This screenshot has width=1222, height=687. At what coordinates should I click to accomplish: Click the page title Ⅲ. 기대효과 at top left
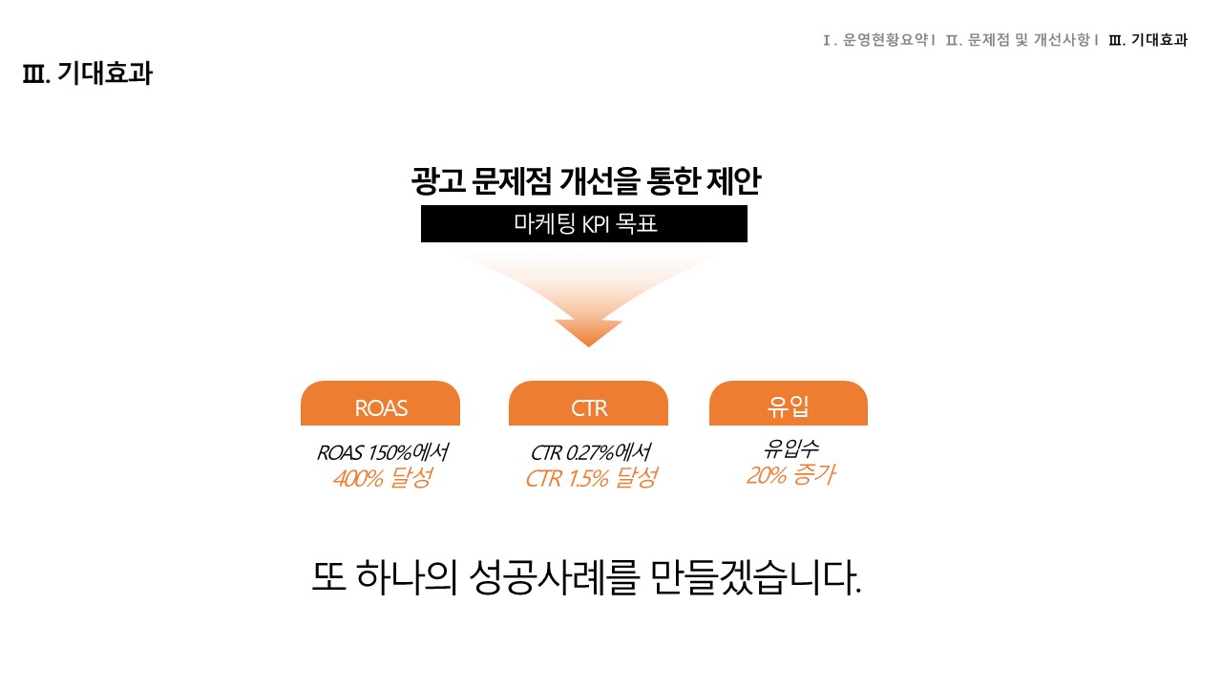tap(87, 73)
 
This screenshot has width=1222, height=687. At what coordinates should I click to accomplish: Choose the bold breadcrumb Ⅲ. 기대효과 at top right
tap(1148, 40)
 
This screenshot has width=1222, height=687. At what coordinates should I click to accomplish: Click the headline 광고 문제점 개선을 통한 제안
tap(586, 181)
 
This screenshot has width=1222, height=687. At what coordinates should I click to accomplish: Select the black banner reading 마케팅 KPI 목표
tap(583, 223)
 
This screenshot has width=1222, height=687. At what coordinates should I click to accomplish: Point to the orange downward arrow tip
tap(589, 345)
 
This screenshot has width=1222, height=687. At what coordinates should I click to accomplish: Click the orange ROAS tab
tap(380, 403)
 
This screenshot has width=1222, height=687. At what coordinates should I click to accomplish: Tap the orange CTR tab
tap(588, 403)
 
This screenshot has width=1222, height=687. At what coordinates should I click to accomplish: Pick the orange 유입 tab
tap(789, 403)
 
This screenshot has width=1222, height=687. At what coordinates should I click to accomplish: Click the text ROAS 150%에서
tap(383, 452)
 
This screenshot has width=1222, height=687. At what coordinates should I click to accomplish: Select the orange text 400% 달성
tap(383, 478)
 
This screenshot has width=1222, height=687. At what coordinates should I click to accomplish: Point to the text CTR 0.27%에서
tap(590, 452)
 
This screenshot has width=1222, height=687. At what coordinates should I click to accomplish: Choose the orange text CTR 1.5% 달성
tap(591, 478)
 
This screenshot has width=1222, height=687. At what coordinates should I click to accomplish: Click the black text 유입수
tap(790, 448)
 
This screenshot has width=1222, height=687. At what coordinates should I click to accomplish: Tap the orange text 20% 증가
tap(790, 475)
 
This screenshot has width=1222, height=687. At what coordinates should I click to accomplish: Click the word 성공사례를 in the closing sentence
tap(553, 577)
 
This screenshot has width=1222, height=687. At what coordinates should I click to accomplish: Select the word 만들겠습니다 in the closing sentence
tap(756, 577)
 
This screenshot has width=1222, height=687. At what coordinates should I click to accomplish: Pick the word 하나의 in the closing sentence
tap(407, 577)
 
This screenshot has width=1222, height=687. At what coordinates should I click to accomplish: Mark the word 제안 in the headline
tap(733, 181)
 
